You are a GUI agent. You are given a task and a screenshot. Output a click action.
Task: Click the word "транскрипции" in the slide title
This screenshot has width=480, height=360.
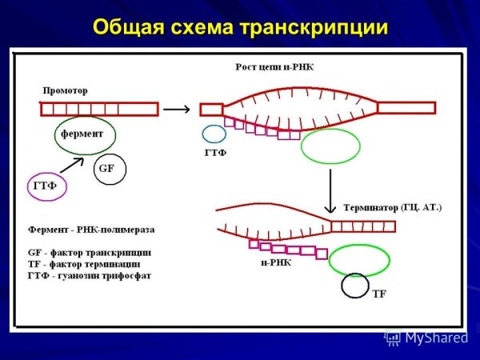(x=314, y=27)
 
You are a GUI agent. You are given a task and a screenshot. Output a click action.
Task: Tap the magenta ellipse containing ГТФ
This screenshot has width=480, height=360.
(x=47, y=187)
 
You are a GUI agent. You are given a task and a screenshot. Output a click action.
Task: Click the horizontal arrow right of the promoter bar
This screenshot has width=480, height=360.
(x=182, y=108)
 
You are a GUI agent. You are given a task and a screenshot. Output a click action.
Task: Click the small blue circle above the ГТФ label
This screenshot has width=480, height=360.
(x=214, y=134)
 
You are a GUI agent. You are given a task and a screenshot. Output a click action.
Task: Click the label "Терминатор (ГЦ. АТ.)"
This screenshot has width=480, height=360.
(x=392, y=207)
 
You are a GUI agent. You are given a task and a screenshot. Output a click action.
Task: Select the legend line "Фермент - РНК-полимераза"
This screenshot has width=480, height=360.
(x=90, y=229)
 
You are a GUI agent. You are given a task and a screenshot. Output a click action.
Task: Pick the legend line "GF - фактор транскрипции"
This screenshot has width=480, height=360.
(x=90, y=251)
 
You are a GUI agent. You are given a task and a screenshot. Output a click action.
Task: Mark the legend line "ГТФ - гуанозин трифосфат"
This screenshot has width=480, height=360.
(x=89, y=275)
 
